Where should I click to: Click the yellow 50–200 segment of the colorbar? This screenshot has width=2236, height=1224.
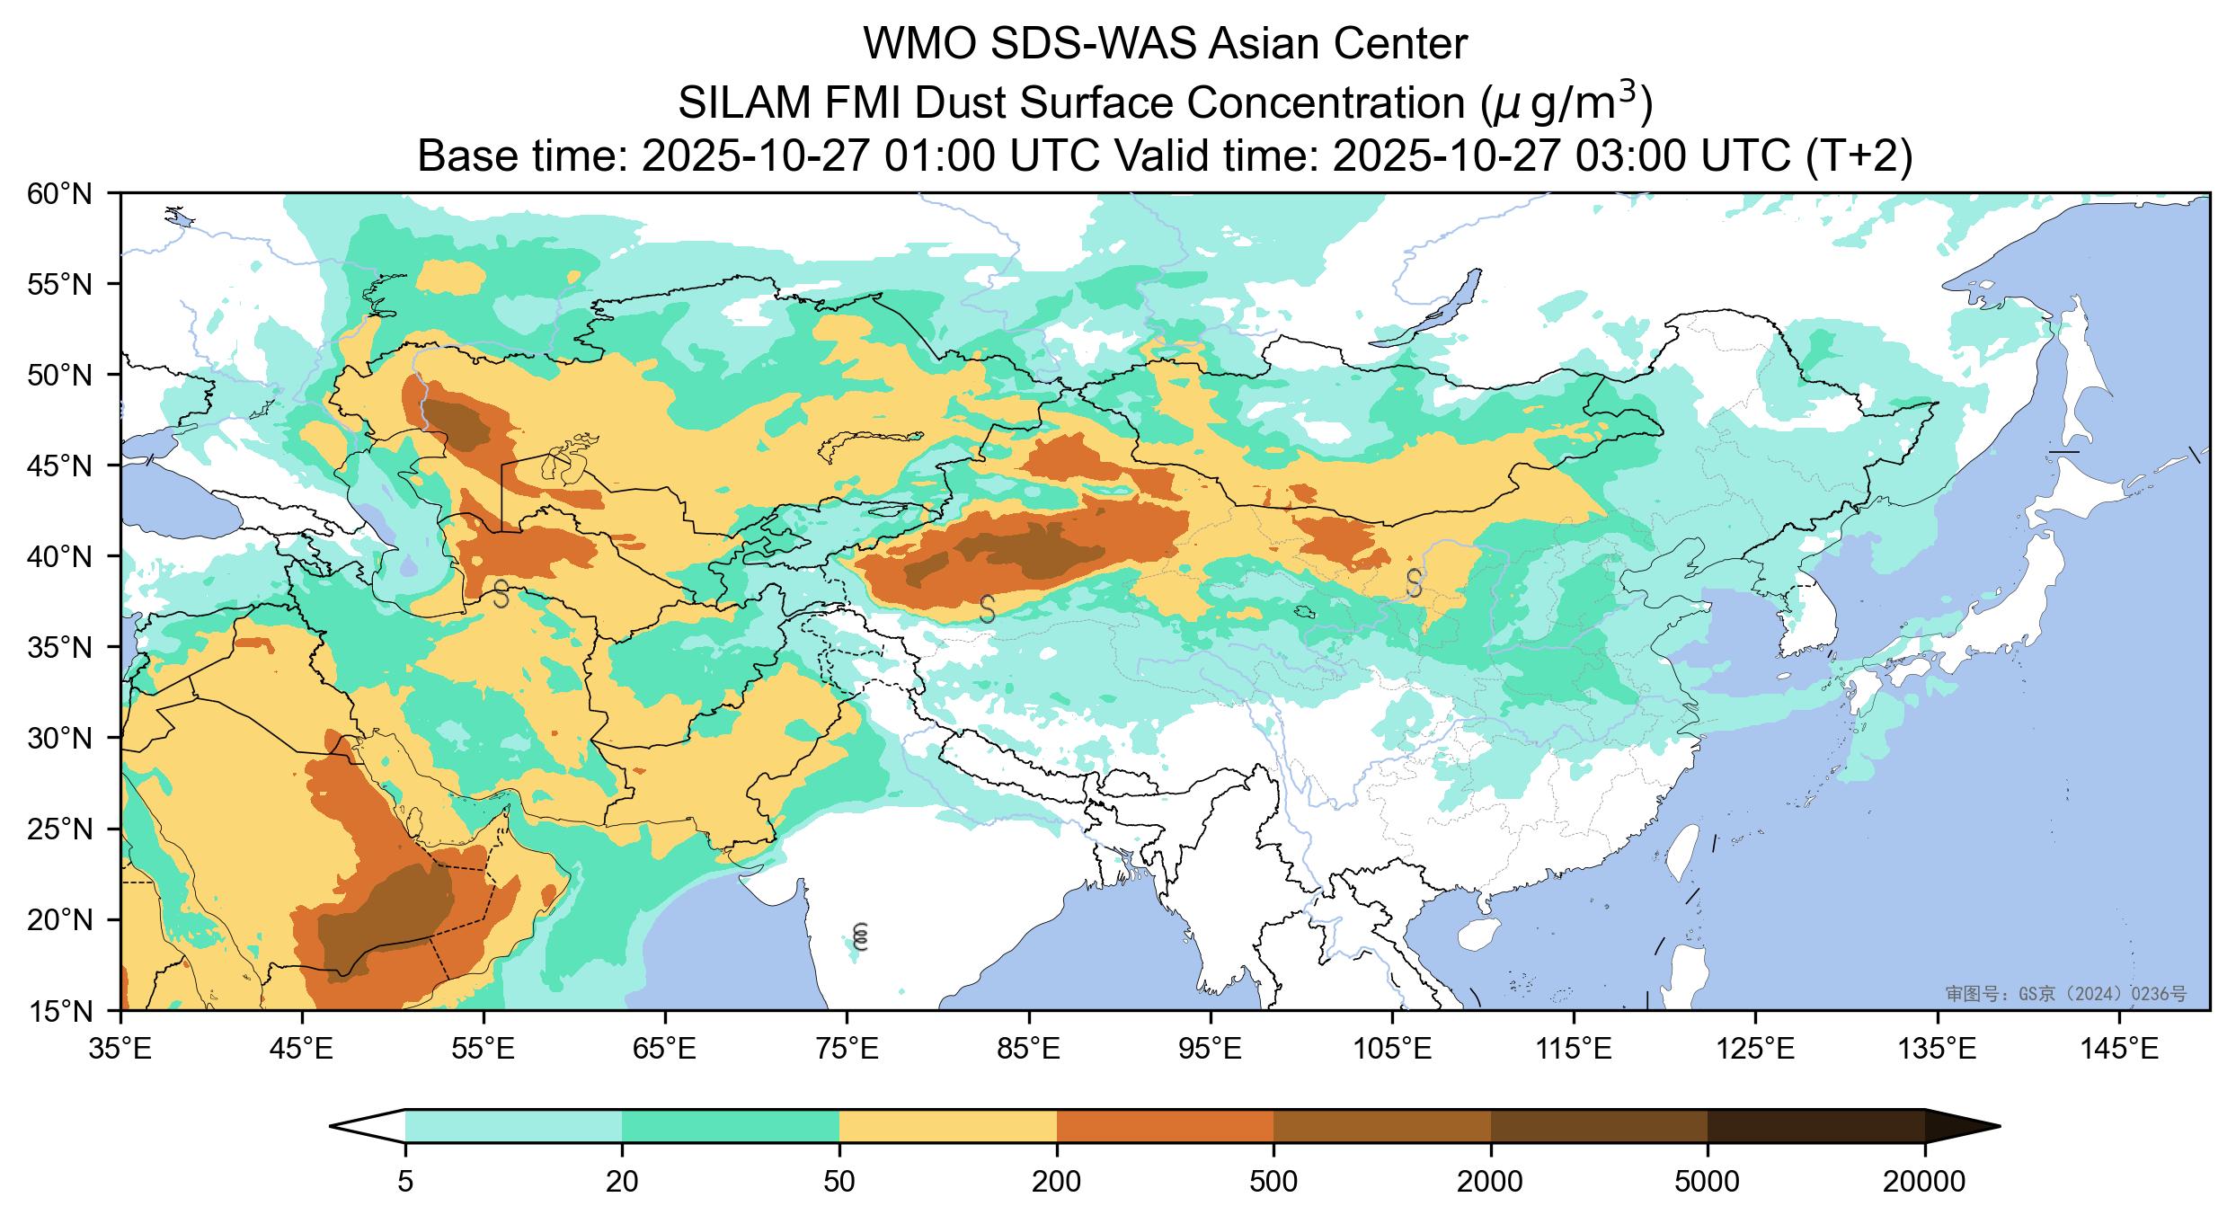(947, 1126)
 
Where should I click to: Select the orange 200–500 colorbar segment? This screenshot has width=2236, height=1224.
(1165, 1126)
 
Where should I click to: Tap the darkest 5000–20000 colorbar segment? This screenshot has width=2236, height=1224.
(1815, 1126)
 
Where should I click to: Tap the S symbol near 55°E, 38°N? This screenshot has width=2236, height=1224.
(501, 593)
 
